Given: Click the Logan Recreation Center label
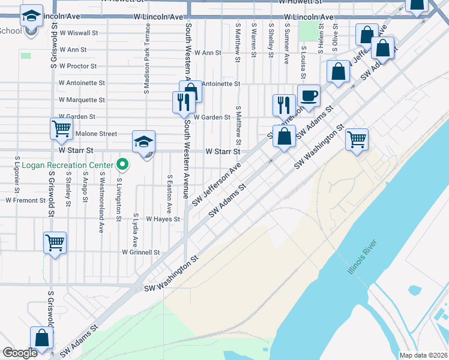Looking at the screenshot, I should [67, 165].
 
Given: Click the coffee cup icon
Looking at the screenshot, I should [309, 96].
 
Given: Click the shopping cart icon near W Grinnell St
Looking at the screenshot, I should [55, 242].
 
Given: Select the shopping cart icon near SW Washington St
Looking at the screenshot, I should [357, 140].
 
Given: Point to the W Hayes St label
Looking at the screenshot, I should [163, 220].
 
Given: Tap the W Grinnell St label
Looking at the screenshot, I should [141, 253].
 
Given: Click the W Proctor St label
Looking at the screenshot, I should [78, 66].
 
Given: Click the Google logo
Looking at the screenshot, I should [20, 353].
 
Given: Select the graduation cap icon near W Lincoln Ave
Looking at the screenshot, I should [31, 16].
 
